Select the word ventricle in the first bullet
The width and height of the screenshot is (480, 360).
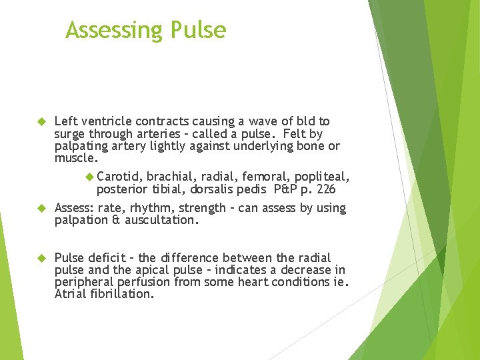(106, 121)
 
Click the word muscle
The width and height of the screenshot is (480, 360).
(75, 159)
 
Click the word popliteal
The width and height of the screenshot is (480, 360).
(323, 177)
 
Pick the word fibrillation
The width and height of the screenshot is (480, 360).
(121, 294)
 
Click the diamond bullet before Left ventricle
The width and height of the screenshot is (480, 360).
(40, 122)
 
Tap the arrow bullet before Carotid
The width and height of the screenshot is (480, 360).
(91, 177)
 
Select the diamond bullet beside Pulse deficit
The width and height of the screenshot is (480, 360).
(40, 258)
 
